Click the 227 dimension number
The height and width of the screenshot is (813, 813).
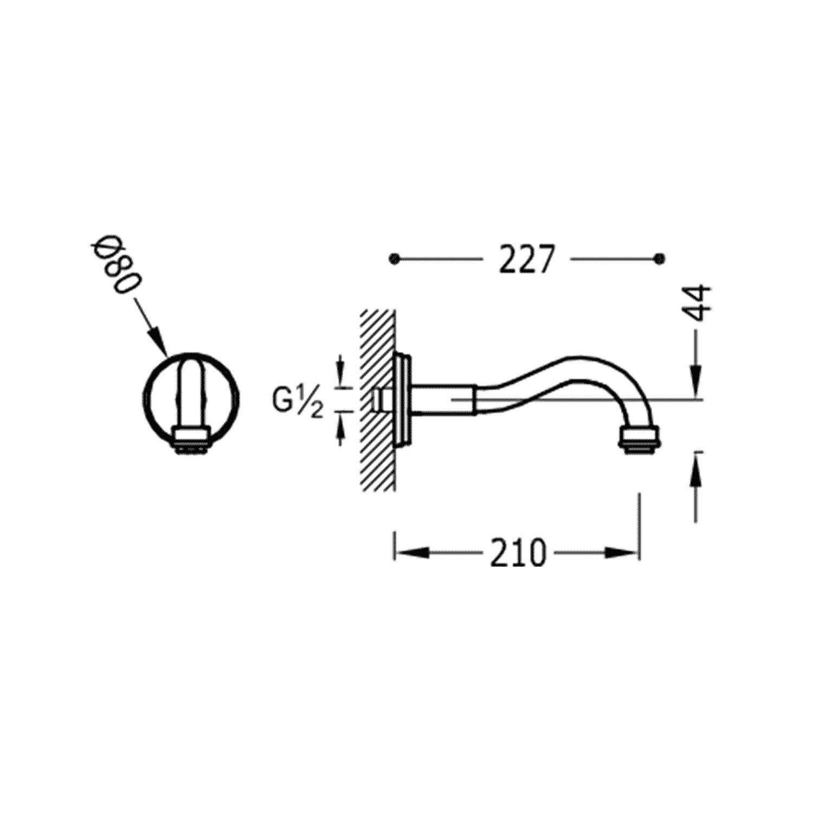(527, 259)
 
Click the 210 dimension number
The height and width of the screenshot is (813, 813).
(518, 553)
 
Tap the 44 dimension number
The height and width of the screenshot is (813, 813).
(696, 305)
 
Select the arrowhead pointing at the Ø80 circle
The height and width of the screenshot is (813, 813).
(157, 340)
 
